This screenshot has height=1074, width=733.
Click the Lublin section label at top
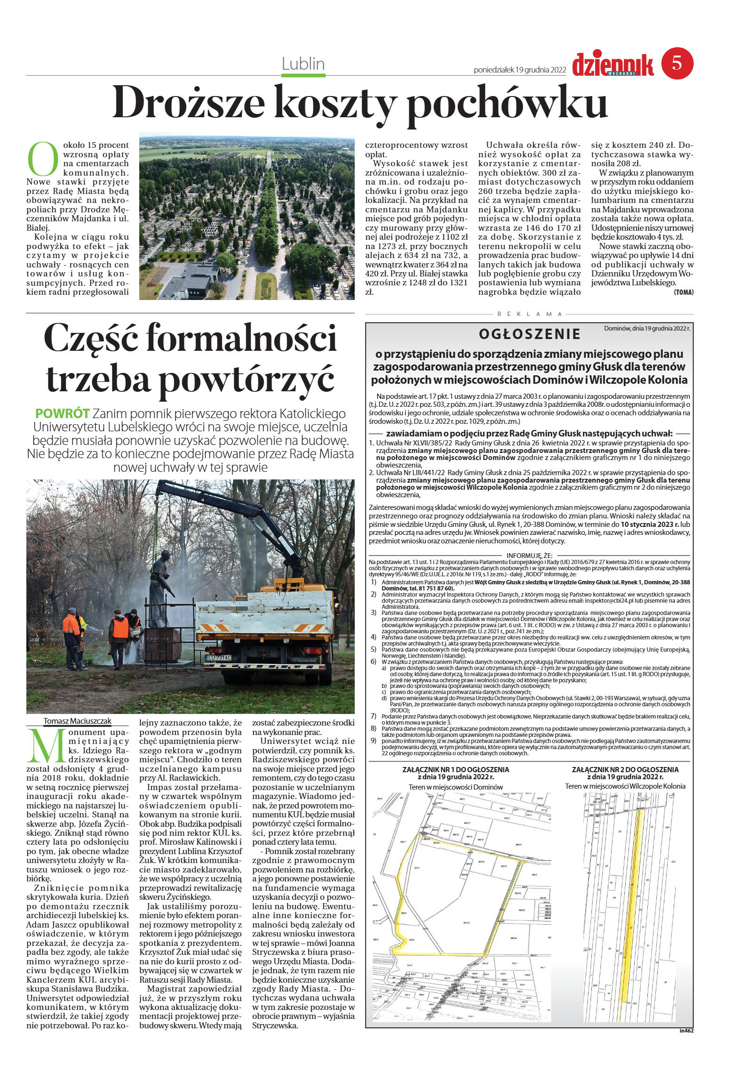pyautogui.click(x=303, y=64)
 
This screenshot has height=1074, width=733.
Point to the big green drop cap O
pyautogui.click(x=43, y=157)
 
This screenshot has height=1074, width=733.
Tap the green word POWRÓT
pyautogui.click(x=62, y=413)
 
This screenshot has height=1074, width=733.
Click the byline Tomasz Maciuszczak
pyautogui.click(x=78, y=720)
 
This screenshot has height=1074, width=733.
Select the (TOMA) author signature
pyautogui.click(x=683, y=292)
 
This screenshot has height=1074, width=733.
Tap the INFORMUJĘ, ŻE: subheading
pyautogui.click(x=529, y=555)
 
